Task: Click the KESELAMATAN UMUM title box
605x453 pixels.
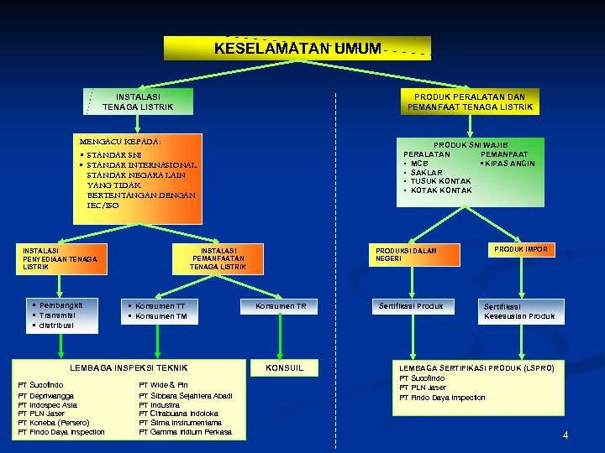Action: click(x=297, y=49)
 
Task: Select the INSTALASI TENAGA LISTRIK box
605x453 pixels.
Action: click(x=139, y=102)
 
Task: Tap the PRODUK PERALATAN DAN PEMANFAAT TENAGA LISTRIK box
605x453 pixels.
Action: click(x=470, y=102)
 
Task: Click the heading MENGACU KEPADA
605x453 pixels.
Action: click(x=120, y=141)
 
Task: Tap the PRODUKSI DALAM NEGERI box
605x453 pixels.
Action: click(x=418, y=254)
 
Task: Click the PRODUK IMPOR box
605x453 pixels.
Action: click(x=520, y=250)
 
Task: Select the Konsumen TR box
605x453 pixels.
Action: click(x=281, y=307)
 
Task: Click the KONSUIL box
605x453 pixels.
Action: click(x=284, y=368)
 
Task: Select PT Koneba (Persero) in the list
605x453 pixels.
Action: click(x=60, y=423)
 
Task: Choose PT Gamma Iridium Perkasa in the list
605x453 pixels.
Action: click(x=185, y=432)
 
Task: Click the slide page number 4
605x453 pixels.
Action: click(x=566, y=435)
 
